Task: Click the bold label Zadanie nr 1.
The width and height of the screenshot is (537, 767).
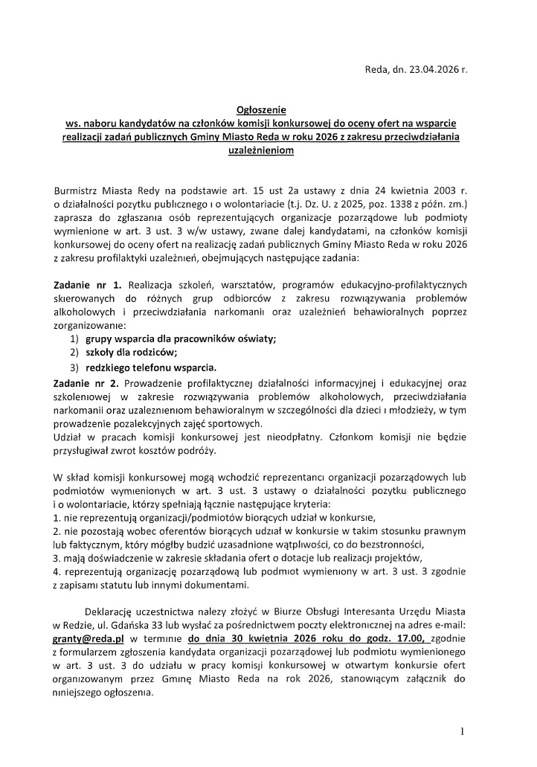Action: (88, 285)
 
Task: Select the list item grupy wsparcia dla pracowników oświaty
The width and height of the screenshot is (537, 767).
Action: (181, 338)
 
